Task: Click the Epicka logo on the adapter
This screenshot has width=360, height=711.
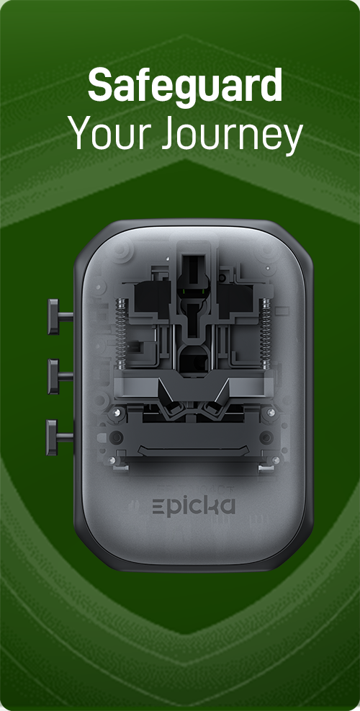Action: (194, 506)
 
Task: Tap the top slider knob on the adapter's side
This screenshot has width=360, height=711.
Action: (59, 316)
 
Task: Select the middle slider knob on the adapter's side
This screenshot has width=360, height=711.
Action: (59, 376)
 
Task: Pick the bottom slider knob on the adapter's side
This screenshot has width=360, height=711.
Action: (58, 437)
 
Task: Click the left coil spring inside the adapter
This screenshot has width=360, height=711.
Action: (121, 334)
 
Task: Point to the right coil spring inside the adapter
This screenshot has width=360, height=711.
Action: (265, 334)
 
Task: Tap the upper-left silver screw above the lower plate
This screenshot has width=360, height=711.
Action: (117, 412)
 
